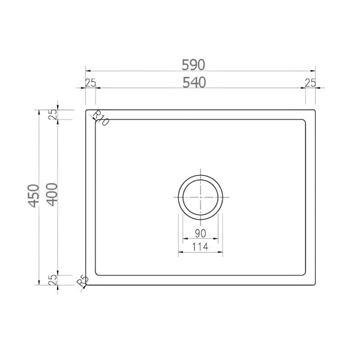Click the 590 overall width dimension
tap(193, 65)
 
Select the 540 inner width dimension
tap(194, 83)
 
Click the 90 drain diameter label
tap(200, 233)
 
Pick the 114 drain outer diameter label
tap(200, 247)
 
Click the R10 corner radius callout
tap(100, 118)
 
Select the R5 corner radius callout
tap(82, 281)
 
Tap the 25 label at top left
tap(91, 83)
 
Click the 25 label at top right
tap(310, 83)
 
